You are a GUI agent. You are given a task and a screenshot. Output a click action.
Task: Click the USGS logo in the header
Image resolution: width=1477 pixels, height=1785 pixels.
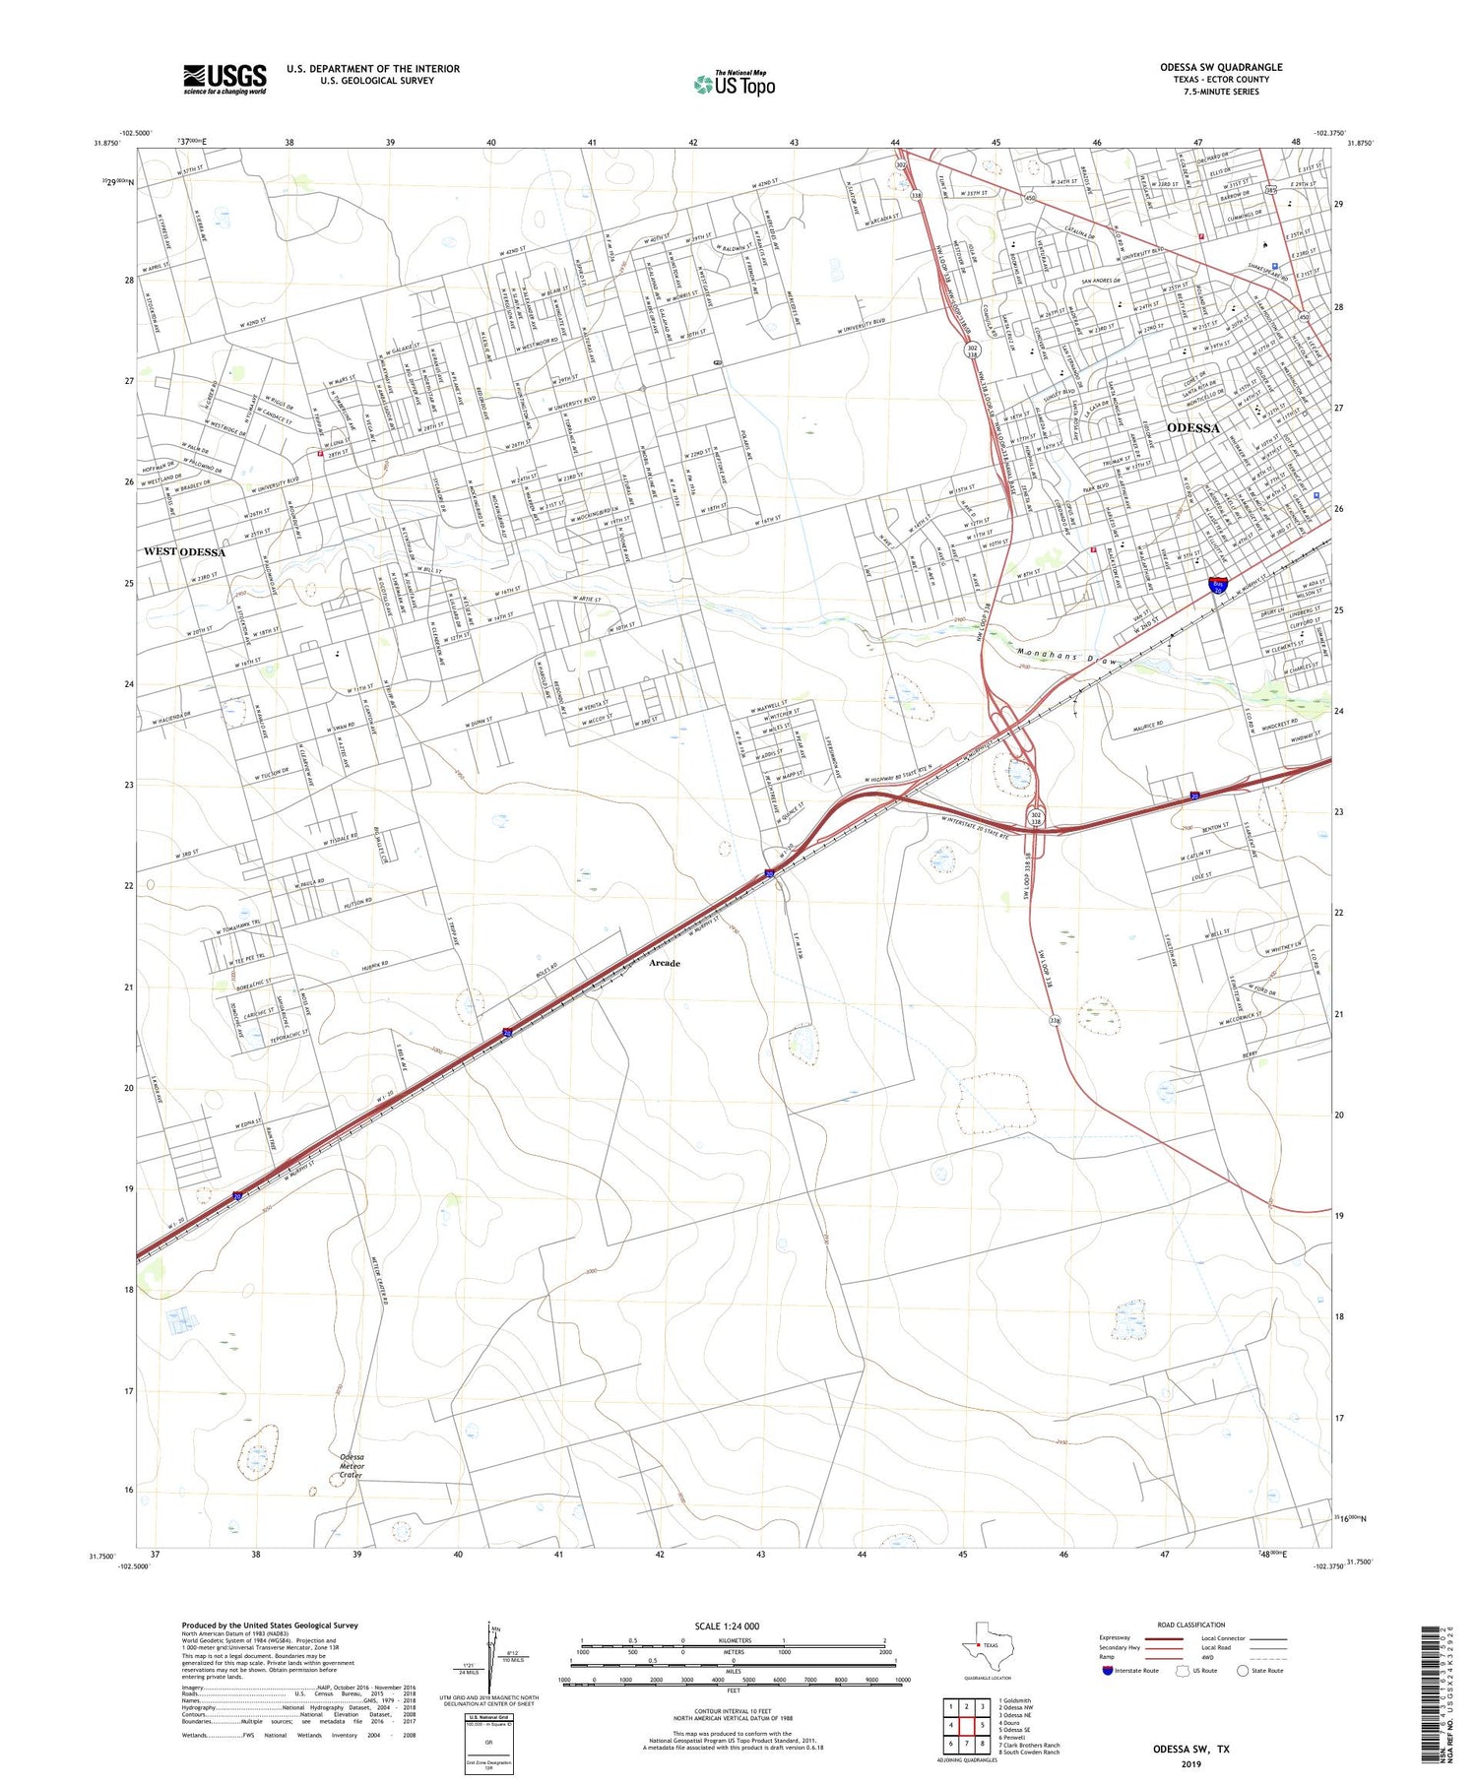pyautogui.click(x=225, y=79)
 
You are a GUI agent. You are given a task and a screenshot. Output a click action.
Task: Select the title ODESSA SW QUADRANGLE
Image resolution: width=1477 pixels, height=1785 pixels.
pyautogui.click(x=1220, y=68)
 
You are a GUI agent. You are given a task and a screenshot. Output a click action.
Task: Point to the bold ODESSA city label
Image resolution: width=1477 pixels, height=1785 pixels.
pyautogui.click(x=1192, y=428)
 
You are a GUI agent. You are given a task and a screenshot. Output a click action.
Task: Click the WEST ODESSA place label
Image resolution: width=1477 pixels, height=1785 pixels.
pyautogui.click(x=184, y=552)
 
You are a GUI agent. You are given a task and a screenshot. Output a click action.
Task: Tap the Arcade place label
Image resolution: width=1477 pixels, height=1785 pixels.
pyautogui.click(x=664, y=963)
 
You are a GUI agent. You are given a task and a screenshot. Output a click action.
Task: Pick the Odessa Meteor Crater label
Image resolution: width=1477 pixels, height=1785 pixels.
pyautogui.click(x=352, y=1466)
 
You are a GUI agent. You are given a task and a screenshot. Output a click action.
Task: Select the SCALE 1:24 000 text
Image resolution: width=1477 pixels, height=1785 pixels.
pyautogui.click(x=727, y=1626)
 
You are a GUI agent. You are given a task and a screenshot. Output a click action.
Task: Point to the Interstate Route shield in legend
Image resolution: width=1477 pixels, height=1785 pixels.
pyautogui.click(x=1107, y=1671)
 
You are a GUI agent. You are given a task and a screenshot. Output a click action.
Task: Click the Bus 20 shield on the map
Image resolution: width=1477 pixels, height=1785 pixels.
pyautogui.click(x=1219, y=586)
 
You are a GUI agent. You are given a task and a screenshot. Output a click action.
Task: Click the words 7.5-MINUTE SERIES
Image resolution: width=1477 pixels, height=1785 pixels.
pyautogui.click(x=1221, y=92)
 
